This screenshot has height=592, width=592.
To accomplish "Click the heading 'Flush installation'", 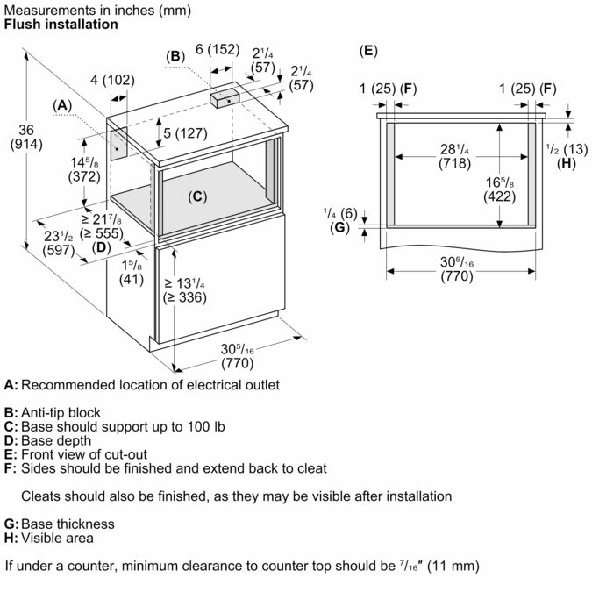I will (x=61, y=25).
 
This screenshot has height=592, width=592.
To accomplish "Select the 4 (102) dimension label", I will (x=112, y=81).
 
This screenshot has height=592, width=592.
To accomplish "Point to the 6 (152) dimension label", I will (x=217, y=49).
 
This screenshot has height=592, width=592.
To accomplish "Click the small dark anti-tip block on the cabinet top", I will (x=227, y=99).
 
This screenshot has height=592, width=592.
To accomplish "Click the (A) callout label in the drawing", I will (x=61, y=104).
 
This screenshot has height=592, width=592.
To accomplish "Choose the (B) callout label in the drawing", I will (x=175, y=56).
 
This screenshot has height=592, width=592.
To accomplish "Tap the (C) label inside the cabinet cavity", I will (x=198, y=196).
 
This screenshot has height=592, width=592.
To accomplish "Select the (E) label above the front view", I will (x=368, y=50).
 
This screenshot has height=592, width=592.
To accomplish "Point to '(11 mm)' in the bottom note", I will (x=452, y=566).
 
